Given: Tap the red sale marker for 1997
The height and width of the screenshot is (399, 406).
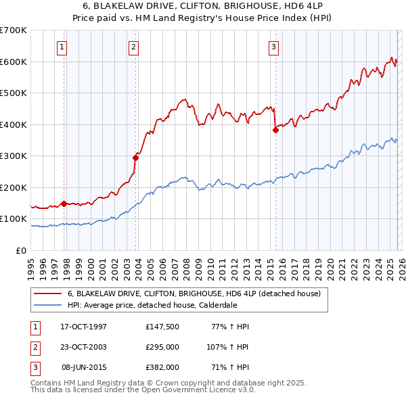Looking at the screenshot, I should click(x=64, y=203).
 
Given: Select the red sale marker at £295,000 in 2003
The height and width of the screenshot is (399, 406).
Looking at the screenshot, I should click(x=136, y=158).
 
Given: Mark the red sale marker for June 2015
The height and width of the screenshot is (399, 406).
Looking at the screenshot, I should click(x=275, y=131).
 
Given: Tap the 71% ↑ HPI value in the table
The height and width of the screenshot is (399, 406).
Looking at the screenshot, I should click(x=233, y=367).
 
